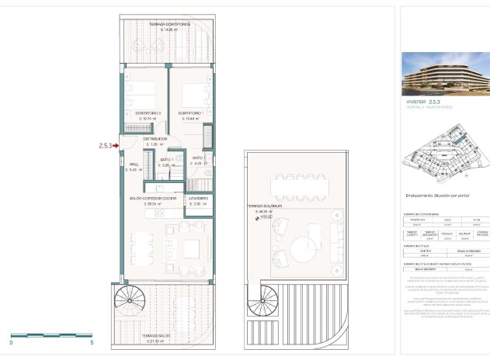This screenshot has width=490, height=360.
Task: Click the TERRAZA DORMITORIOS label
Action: click(169, 26)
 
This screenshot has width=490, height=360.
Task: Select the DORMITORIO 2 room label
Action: click(148, 113)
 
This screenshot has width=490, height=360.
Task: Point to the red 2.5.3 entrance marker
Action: click(107, 144)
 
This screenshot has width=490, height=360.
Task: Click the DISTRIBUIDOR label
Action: click(155, 139)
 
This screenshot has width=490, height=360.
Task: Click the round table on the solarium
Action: click(301, 253)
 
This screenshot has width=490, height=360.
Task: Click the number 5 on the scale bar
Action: click(92, 342)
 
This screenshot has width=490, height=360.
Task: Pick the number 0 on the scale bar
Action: click(12, 342)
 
